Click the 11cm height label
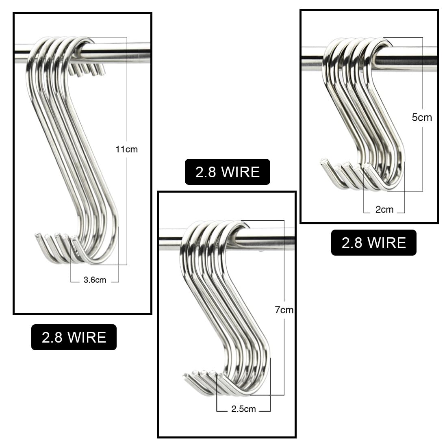coord(126,149)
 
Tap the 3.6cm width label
coord(95,280)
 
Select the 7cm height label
coord(284,310)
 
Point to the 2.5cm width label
coord(243,409)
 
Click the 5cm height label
coord(422,117)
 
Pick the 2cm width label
coord(384,210)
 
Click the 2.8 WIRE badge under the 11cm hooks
coord(74,337)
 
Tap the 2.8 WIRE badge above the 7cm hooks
coord(228,172)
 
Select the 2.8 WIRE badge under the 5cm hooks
coord(374,243)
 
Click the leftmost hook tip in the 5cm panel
coord(323,161)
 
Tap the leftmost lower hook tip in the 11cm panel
coord(37,235)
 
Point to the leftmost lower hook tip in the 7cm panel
coord(185,375)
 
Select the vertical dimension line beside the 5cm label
coord(423,114)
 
